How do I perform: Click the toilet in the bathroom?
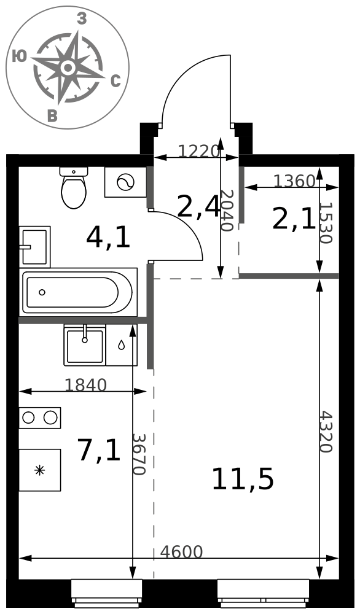pyautogui.click(x=74, y=187)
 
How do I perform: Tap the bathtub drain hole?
pyautogui.click(x=42, y=292)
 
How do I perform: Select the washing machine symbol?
pyautogui.click(x=126, y=182)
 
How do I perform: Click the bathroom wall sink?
pyautogui.click(x=34, y=247)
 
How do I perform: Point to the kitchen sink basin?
pyautogui.click(x=85, y=346)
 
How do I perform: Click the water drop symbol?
pyautogui.click(x=122, y=345)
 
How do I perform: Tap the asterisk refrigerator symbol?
pyautogui.click(x=39, y=470)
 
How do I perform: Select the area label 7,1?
pyautogui.click(x=99, y=450)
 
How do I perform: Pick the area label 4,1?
pyautogui.click(x=108, y=238)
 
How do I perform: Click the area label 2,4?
pyautogui.click(x=198, y=207)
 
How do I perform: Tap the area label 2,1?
pyautogui.click(x=294, y=220)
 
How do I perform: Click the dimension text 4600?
pyautogui.click(x=181, y=552)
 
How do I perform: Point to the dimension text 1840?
pyautogui.click(x=85, y=386)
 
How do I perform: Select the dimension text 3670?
pyautogui.click(x=138, y=454)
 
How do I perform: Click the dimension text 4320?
pyautogui.click(x=326, y=432)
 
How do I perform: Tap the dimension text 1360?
pyautogui.click(x=294, y=181)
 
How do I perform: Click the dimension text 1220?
pyautogui.click(x=198, y=151)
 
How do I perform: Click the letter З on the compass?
pyautogui.click(x=82, y=18)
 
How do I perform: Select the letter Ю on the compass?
pyautogui.click(x=19, y=56)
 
